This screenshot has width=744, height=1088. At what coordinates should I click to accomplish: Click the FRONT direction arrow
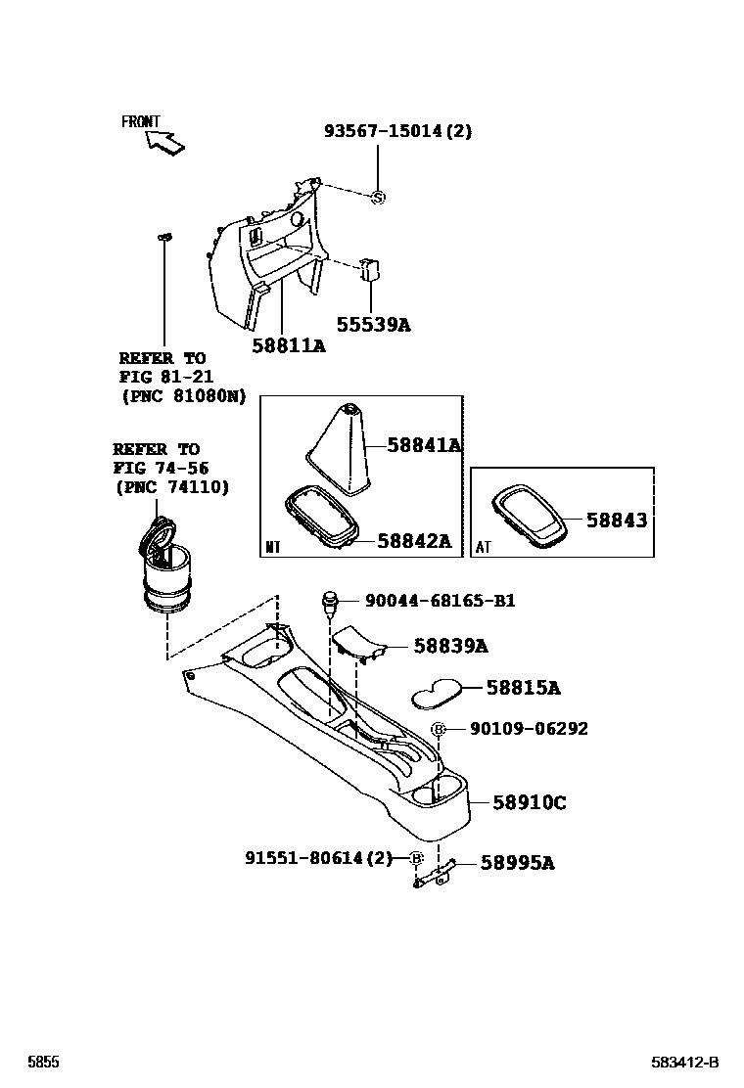pyautogui.click(x=164, y=143)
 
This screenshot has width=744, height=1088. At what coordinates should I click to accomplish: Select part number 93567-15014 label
pyautogui.click(x=397, y=131)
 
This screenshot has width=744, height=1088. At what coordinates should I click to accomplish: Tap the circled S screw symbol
pyautogui.click(x=378, y=198)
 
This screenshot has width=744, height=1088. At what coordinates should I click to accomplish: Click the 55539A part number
pyautogui.click(x=373, y=324)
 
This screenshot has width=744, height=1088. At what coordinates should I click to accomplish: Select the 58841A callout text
pyautogui.click(x=422, y=445)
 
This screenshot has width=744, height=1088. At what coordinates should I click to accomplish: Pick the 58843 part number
pyautogui.click(x=617, y=521)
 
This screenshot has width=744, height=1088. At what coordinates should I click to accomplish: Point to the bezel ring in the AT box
pyautogui.click(x=529, y=516)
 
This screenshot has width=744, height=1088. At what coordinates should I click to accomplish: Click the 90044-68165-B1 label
pyautogui.click(x=440, y=601)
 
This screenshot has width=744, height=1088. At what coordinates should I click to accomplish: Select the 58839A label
pyautogui.click(x=450, y=646)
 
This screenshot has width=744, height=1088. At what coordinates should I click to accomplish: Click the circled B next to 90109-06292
pyautogui.click(x=439, y=730)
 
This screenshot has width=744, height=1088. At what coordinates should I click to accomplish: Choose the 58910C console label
pyautogui.click(x=529, y=802)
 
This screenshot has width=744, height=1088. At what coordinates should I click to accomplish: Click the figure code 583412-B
pyautogui.click(x=685, y=1063)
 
